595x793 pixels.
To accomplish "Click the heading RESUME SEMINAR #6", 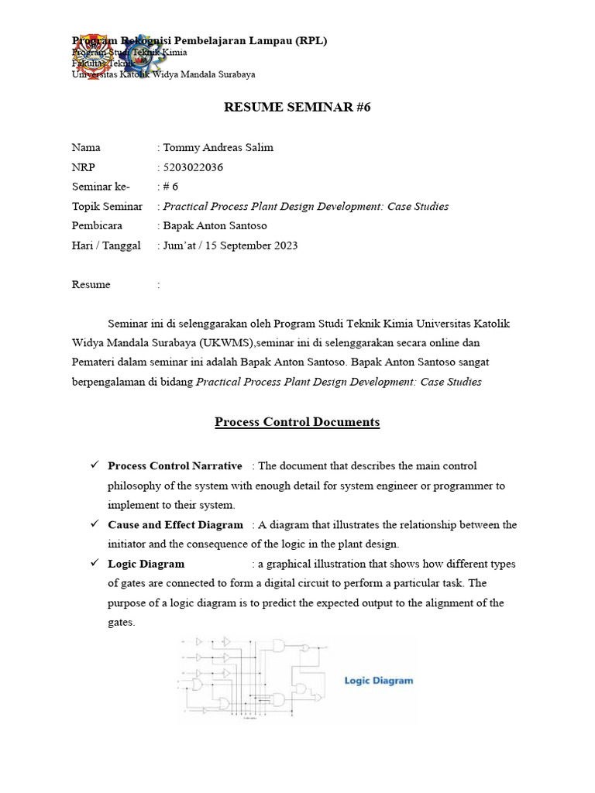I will click(297, 108).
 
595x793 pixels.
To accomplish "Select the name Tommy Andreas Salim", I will click(218, 148).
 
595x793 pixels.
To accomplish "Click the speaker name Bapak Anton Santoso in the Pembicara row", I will click(215, 226).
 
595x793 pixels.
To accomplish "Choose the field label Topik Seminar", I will click(107, 207).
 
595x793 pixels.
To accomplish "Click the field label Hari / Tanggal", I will click(106, 245).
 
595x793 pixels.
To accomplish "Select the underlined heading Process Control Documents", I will click(297, 422).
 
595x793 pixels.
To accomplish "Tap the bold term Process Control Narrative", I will click(175, 466).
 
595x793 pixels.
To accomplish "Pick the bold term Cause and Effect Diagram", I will click(175, 525).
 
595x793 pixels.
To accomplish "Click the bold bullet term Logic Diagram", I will click(146, 564).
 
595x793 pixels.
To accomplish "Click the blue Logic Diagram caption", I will click(379, 681).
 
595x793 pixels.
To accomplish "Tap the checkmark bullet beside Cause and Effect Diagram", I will click(94, 524).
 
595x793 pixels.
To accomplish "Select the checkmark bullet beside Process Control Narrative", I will click(94, 465).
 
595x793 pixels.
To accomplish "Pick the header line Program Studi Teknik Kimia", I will click(129, 53).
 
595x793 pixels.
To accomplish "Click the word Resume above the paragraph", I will click(91, 285).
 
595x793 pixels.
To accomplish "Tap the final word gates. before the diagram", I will click(122, 622).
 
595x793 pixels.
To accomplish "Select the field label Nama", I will click(86, 148).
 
